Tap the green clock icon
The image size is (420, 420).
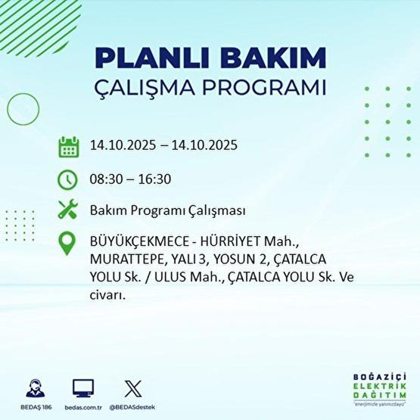coord(68,179)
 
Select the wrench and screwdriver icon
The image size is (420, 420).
coord(68,210)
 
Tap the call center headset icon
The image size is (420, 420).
coord(35,389)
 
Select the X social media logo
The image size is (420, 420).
coord(132,389)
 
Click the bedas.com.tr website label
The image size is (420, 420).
coord(83,408)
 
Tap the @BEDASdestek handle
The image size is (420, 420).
coord(132,408)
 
